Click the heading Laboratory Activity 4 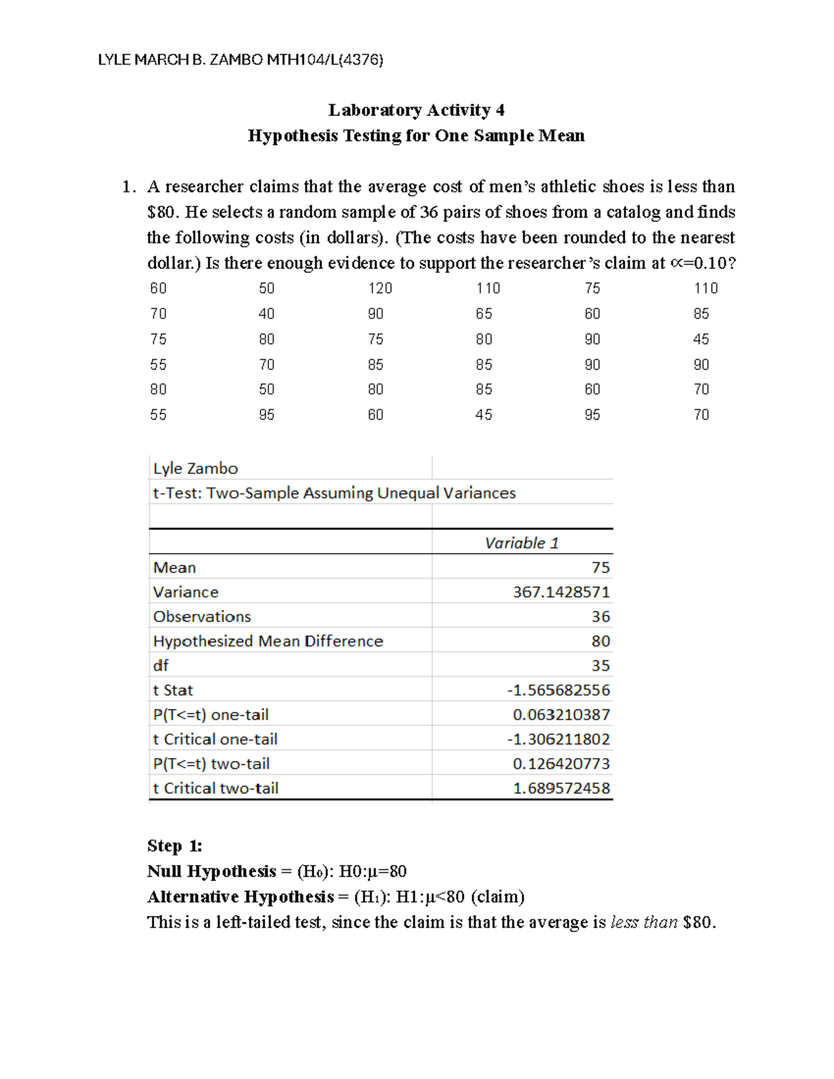416,110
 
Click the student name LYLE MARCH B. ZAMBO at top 181,60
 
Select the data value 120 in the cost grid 380,288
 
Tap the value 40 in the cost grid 266,314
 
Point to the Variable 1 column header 521,543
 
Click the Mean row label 174,568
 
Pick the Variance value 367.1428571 561,592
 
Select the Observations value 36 600,616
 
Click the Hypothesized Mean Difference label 268,641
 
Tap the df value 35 600,666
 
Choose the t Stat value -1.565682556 558,690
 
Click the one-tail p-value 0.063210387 561,714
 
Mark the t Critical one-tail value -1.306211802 558,739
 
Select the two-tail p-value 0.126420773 561,764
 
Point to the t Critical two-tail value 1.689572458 561,788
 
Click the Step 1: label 174,846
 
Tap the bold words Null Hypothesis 211,871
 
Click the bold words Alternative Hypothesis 240,897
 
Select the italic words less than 644,923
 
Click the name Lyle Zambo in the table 195,468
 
